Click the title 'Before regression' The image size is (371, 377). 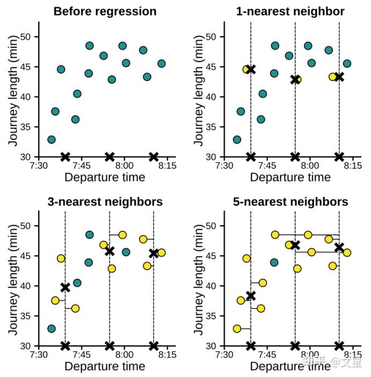tap(105, 11)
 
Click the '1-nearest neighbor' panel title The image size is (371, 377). tap(290, 11)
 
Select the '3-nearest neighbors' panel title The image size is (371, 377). tap(105, 202)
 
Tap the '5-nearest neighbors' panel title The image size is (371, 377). tap(290, 202)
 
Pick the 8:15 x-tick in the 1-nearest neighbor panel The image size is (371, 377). tap(352, 166)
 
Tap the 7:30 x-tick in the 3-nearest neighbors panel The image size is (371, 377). tap(39, 355)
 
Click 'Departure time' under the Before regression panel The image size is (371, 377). tap(105, 177)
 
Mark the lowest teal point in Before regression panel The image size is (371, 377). tap(52, 139)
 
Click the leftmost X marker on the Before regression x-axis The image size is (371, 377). tap(66, 157)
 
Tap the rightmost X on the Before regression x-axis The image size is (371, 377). tap(154, 157)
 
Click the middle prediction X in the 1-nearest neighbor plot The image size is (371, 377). tap(295, 79)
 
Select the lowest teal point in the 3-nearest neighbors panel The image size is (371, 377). tap(52, 329)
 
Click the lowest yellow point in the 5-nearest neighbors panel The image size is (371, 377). tap(237, 329)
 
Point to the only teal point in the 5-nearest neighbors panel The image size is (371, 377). tap(274, 262)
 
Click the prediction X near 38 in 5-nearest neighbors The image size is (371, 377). tap(251, 296)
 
